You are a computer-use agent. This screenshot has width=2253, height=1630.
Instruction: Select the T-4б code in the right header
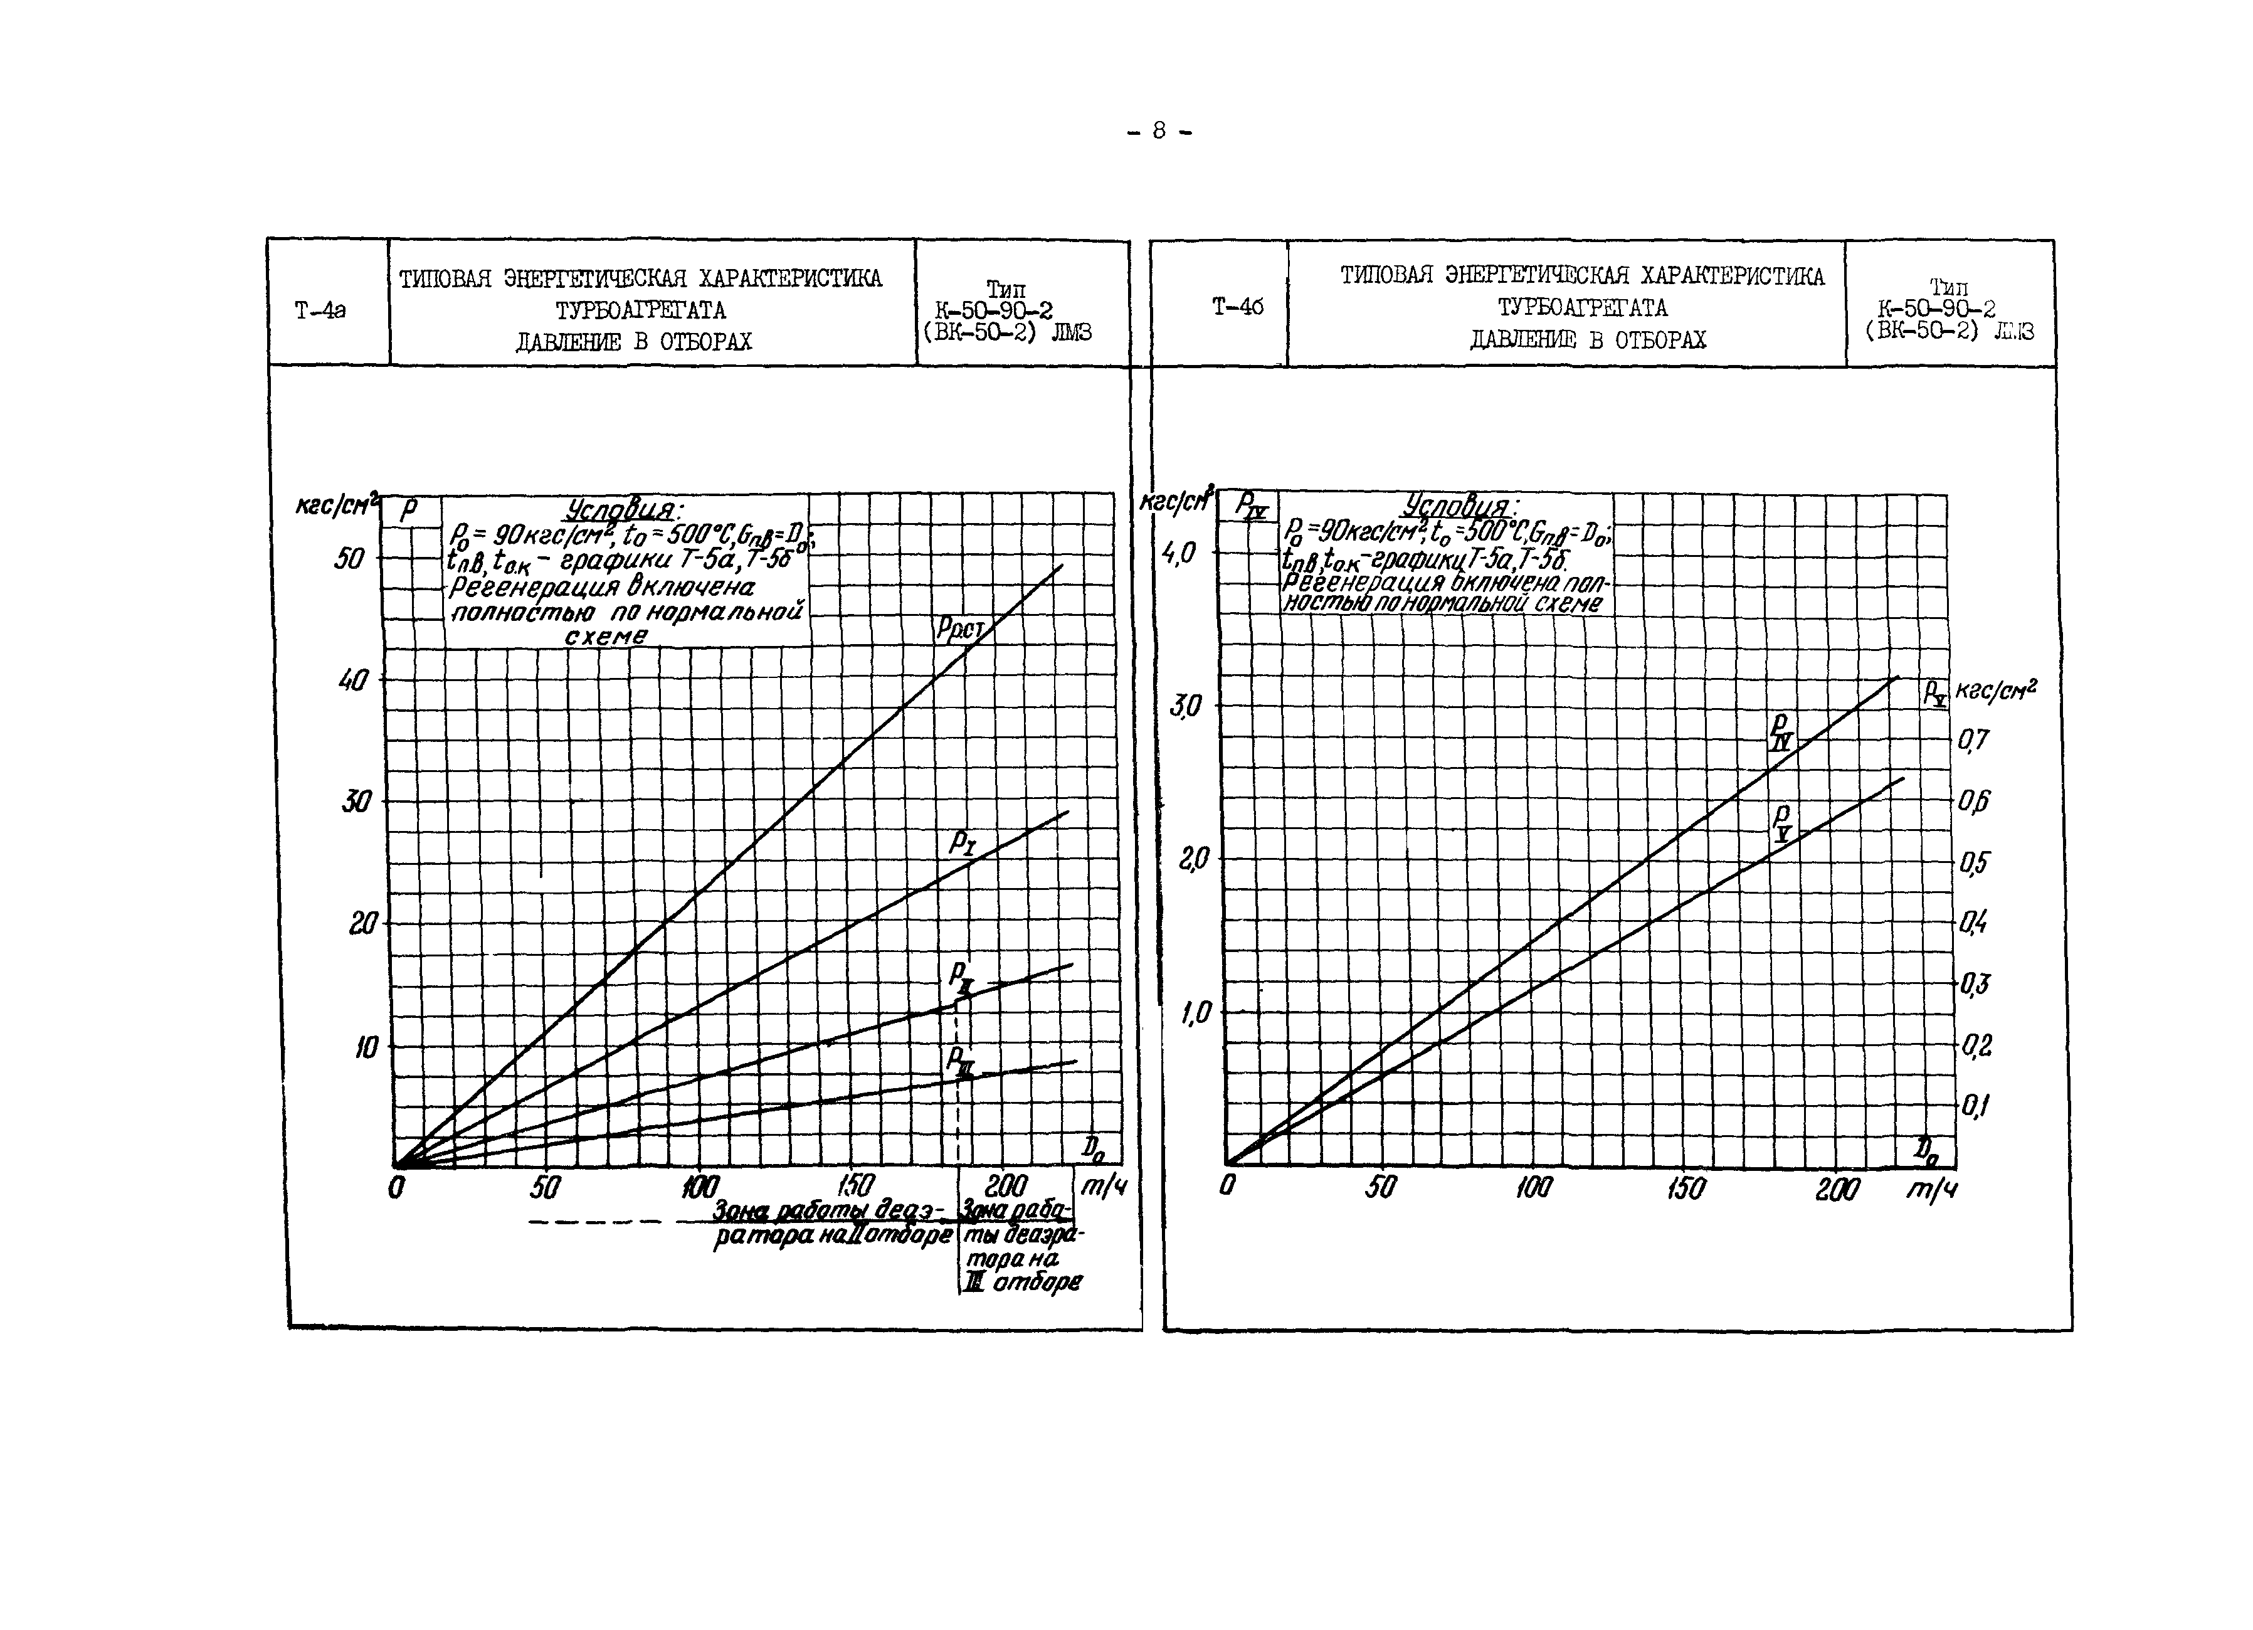(x=1238, y=307)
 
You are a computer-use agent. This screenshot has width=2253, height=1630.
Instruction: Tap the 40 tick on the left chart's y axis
(x=352, y=680)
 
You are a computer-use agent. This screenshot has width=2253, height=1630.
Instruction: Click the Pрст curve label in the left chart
(x=959, y=630)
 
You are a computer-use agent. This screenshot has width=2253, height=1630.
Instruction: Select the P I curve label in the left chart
(x=962, y=844)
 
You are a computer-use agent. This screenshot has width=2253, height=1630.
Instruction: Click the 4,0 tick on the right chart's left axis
(x=1182, y=553)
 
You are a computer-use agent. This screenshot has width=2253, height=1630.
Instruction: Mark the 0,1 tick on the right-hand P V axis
(x=1975, y=1106)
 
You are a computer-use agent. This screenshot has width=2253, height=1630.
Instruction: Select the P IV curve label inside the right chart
(x=1782, y=731)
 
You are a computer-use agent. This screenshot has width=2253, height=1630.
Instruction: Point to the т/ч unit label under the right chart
(x=1930, y=1189)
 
